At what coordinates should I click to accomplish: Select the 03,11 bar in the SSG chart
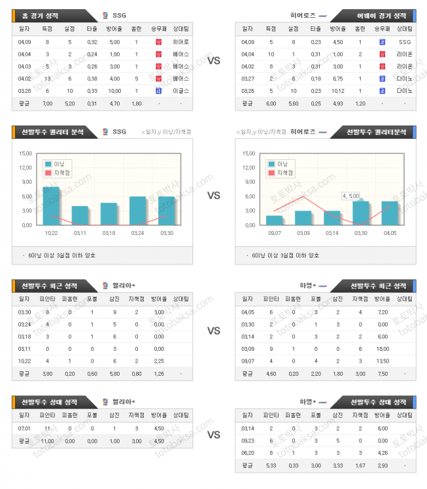coord(79,215)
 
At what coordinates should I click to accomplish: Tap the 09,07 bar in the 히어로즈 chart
coord(274,220)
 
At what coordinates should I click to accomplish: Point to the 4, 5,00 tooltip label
coord(351,195)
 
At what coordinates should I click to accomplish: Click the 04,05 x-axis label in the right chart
coord(390,232)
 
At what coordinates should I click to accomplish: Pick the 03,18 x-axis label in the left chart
coord(108,232)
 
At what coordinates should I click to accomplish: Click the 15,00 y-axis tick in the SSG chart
coord(26,153)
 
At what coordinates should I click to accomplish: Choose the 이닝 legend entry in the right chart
coord(281,163)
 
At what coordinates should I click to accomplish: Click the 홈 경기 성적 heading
coord(44,14)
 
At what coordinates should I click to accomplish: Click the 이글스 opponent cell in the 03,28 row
coord(181,90)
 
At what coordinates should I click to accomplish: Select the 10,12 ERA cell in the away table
coord(338,90)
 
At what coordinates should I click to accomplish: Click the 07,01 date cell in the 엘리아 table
coord(24,428)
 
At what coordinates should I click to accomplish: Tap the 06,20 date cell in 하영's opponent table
coord(248,452)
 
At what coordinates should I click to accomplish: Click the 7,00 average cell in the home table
coord(47,103)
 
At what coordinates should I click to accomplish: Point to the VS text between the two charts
coord(213,195)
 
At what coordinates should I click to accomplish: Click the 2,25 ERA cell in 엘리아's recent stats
coord(158,361)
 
